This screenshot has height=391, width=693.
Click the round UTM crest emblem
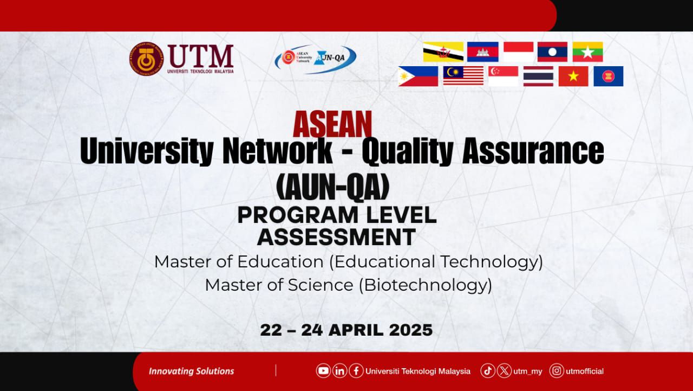tap(146, 59)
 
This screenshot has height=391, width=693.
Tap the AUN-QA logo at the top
tap(316, 59)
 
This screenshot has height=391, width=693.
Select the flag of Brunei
tap(443, 52)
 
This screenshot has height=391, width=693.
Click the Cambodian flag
tap(482, 52)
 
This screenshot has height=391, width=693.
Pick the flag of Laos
tap(552, 52)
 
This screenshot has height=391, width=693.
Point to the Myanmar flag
tap(587, 52)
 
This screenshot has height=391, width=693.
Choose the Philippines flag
tap(418, 76)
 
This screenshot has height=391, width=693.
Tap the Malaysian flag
tap(463, 76)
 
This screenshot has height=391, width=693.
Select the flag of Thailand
tap(538, 76)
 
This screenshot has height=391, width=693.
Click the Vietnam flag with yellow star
tap(573, 76)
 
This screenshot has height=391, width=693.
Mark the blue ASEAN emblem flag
tap(608, 76)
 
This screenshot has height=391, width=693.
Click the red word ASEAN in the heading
tap(332, 124)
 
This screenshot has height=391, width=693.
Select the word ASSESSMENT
tap(336, 237)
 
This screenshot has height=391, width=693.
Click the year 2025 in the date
tap(411, 330)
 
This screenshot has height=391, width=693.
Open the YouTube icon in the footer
tap(323, 371)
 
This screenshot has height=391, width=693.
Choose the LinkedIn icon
tap(339, 371)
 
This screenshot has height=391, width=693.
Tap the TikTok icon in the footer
tap(488, 371)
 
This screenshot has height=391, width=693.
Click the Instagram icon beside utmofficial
tap(557, 371)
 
